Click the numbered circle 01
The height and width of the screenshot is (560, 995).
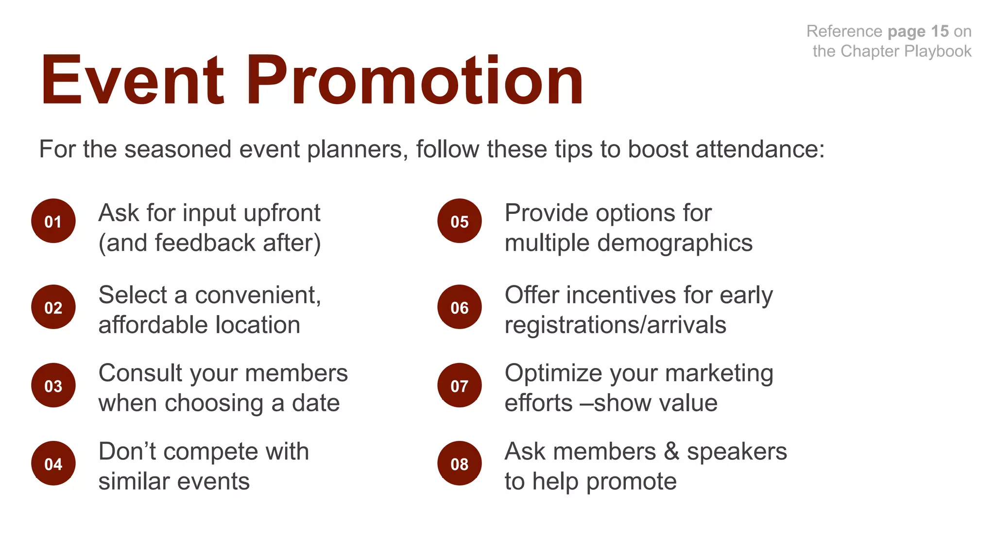[x=53, y=221]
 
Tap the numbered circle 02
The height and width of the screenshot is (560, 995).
[x=53, y=307]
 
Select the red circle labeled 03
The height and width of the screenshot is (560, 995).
[x=53, y=385]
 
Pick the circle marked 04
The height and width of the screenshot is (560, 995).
[x=53, y=463]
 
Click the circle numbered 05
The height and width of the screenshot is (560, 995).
[x=460, y=221]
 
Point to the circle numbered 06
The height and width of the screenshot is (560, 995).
[x=460, y=307]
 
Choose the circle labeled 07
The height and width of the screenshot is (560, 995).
[x=460, y=385]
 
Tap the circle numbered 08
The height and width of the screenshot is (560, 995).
[x=460, y=463]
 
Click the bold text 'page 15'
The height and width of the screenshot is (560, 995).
[x=918, y=32]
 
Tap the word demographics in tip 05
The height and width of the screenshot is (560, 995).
[x=675, y=243]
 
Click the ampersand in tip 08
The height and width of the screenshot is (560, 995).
[x=671, y=452]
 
